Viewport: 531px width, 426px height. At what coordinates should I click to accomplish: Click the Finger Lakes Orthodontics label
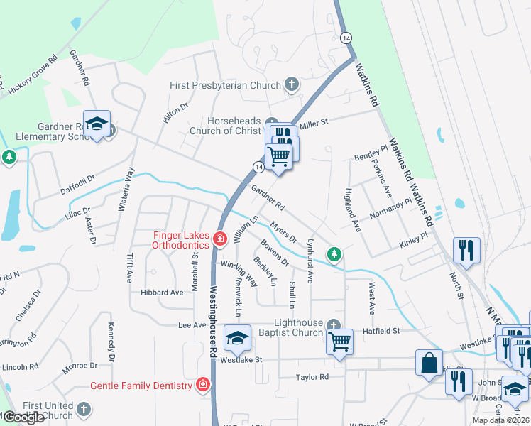(x=181, y=239)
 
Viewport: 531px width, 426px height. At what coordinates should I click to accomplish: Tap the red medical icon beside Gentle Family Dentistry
(x=204, y=386)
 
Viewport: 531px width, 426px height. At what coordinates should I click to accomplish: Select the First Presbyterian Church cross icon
(x=291, y=85)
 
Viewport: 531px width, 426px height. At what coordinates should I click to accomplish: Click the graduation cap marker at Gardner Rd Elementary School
(x=97, y=124)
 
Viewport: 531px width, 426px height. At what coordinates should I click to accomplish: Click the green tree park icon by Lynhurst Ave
(x=334, y=253)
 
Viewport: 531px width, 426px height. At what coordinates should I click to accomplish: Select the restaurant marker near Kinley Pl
(x=466, y=249)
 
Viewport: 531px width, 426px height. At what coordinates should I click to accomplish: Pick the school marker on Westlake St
(x=238, y=338)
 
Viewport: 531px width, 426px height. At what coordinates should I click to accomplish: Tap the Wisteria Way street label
(x=130, y=184)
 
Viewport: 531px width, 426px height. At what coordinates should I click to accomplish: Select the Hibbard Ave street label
(x=162, y=293)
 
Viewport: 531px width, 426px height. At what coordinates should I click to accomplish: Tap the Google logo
(x=23, y=417)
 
